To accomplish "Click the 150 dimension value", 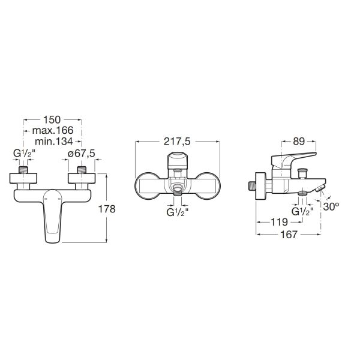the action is pyautogui.click(x=52, y=119).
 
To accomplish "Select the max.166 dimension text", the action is pyautogui.click(x=53, y=130).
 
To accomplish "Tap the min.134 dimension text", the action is pyautogui.click(x=54, y=141).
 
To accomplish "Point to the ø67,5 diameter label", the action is pyautogui.click(x=82, y=154).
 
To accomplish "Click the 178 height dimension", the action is pyautogui.click(x=107, y=209).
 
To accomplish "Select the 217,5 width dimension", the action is pyautogui.click(x=177, y=142).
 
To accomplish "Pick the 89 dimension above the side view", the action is pyautogui.click(x=299, y=142).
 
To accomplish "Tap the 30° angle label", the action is pyautogui.click(x=331, y=206).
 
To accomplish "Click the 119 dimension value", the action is pyautogui.click(x=279, y=222).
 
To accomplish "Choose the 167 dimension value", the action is pyautogui.click(x=289, y=235).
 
